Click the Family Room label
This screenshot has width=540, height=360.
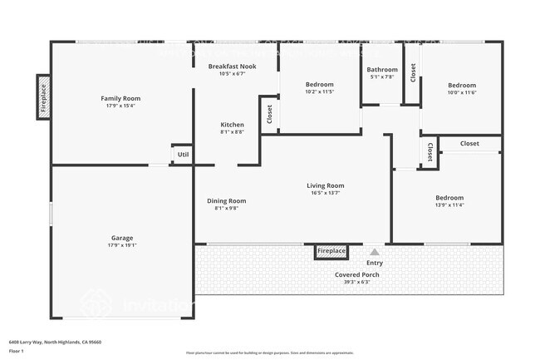(120, 98)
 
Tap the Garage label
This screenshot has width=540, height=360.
(122, 238)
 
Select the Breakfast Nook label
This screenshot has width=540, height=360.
(232, 66)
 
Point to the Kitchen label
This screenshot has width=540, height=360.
(232, 125)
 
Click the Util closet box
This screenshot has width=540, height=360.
(183, 155)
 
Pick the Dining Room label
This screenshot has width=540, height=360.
(226, 200)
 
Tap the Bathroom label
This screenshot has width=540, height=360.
(382, 70)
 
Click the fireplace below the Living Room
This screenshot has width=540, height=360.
(331, 251)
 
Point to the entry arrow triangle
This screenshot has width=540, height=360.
(375, 252)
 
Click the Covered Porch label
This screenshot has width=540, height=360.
(357, 274)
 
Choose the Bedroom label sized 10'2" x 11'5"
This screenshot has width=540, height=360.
(319, 85)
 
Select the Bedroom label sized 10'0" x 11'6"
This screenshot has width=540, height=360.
(462, 86)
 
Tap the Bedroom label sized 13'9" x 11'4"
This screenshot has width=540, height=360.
(449, 198)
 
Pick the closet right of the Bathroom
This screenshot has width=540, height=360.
(412, 72)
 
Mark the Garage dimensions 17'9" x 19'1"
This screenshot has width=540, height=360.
(122, 245)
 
